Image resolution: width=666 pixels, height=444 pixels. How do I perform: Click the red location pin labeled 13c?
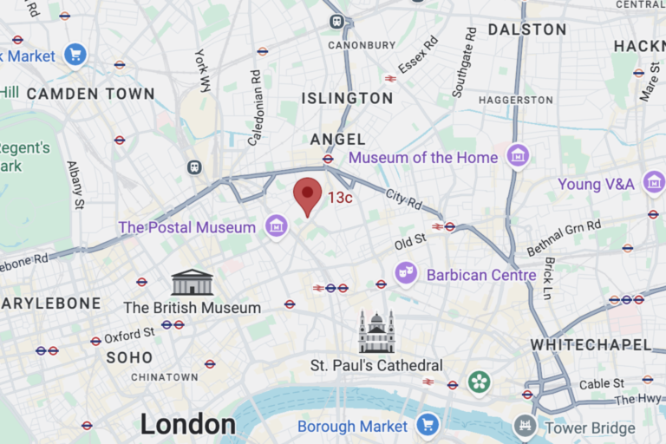point(307,195)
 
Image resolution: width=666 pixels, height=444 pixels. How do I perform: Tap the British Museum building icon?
point(192,283)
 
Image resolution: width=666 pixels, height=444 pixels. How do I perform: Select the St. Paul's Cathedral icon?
point(376,333)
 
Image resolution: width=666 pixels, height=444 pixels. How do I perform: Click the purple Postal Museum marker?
point(277,227)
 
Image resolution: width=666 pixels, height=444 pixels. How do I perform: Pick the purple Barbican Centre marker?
point(406,273)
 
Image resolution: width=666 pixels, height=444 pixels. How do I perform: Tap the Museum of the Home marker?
point(518,157)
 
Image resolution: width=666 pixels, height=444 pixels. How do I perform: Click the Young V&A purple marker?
point(654,183)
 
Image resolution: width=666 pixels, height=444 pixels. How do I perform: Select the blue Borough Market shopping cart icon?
point(427,425)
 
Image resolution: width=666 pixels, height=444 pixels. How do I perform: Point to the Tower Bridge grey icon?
point(525,427)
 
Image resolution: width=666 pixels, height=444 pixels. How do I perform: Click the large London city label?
point(188,424)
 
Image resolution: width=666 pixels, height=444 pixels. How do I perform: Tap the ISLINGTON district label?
point(347,98)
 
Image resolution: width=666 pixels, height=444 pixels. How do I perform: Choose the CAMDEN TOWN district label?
point(90,94)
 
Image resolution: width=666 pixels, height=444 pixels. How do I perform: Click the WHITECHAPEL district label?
point(591,344)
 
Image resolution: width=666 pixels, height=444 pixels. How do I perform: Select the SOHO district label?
point(129,357)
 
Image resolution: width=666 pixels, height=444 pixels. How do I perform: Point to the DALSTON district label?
point(526,29)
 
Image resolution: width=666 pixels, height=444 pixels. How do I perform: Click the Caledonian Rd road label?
point(255,96)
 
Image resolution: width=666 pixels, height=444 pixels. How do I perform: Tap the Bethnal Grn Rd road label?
point(564,238)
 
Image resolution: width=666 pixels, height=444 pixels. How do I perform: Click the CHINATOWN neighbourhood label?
point(165,377)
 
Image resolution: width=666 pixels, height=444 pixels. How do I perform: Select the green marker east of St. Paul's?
point(479,382)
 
